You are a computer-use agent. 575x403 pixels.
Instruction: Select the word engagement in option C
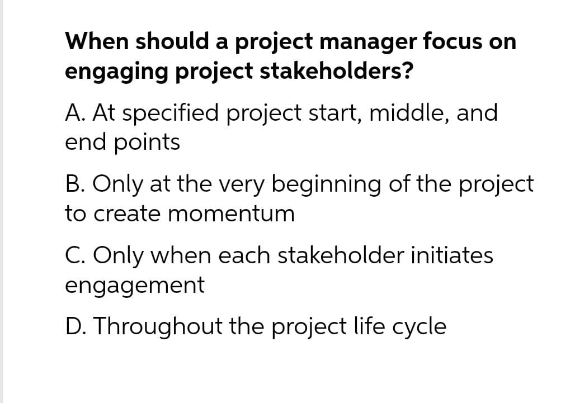pos(135,286)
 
